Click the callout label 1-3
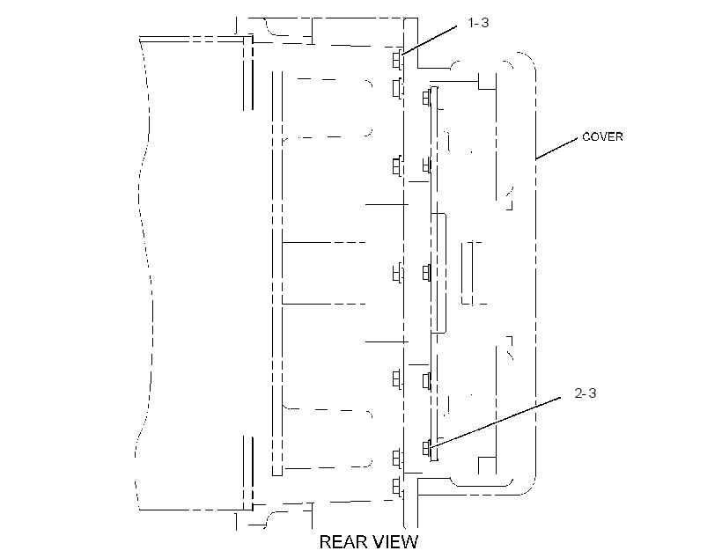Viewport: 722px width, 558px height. click(478, 23)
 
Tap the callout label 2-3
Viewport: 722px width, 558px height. click(586, 393)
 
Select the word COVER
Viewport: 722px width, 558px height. click(602, 136)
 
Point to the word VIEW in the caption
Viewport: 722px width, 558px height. click(395, 542)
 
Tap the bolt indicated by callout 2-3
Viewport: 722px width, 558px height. click(427, 447)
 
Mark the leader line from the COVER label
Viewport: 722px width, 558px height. click(556, 148)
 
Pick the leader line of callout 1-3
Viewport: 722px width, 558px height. click(429, 40)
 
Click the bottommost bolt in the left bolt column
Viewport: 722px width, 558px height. click(397, 487)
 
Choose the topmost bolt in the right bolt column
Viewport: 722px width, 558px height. click(427, 98)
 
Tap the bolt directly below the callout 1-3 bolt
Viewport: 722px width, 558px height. click(397, 88)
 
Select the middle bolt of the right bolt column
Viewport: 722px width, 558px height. click(427, 273)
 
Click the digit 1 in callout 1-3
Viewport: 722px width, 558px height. click(470, 23)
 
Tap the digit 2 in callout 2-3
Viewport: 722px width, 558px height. click(578, 393)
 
